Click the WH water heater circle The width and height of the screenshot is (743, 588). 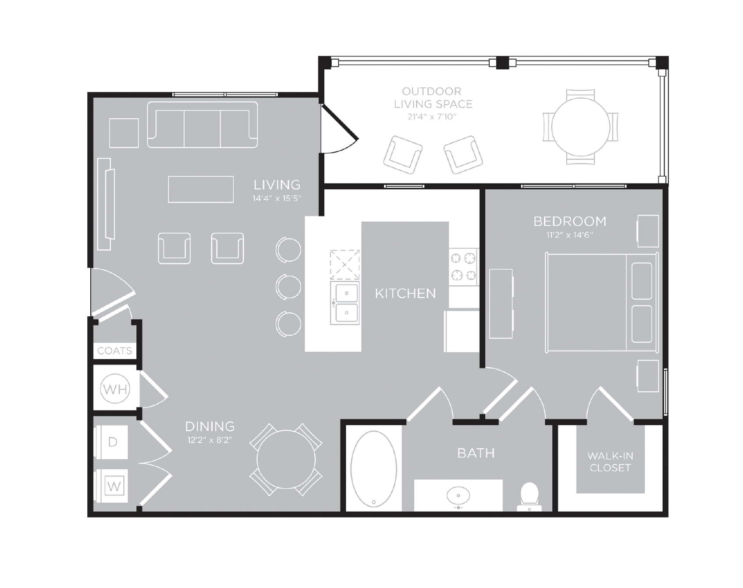point(115,389)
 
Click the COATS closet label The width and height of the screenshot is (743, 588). point(114,351)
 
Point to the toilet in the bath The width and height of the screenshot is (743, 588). point(529,496)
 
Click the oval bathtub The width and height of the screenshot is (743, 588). point(374,469)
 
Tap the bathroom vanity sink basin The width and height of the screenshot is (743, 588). point(459,496)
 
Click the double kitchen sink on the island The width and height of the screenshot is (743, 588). point(345,303)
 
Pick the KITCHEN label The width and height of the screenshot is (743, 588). point(405,293)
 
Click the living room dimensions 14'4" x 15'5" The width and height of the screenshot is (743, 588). point(277,198)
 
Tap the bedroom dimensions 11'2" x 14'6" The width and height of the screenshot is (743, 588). point(570,235)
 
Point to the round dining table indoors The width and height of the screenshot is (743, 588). point(286,460)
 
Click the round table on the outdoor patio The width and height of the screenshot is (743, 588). point(580,127)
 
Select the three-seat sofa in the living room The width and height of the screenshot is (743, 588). point(203,125)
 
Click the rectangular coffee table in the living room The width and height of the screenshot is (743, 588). point(201,189)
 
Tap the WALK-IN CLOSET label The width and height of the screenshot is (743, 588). point(610,462)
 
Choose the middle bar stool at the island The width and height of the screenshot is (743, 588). point(288,287)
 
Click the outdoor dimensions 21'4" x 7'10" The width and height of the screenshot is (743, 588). point(432,117)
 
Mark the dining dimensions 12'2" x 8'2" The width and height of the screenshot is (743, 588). point(210,440)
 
